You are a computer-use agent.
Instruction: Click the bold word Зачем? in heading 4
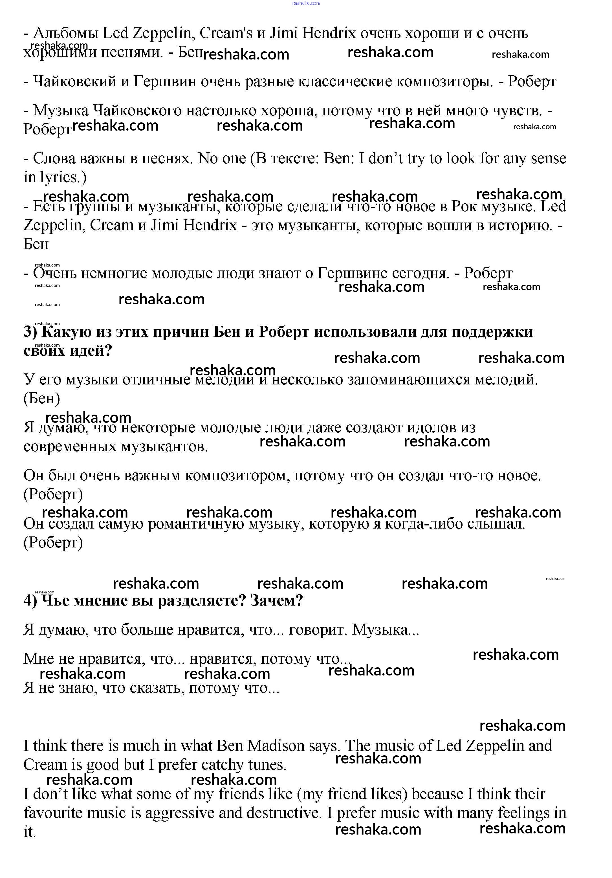[x=276, y=601]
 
